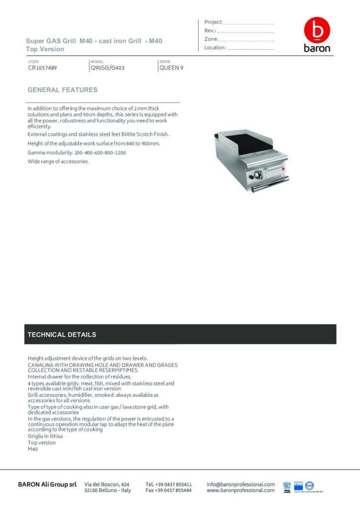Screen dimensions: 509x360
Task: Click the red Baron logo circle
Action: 317,31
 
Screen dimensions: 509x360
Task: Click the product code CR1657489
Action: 42,68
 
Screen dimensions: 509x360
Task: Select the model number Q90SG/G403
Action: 107,68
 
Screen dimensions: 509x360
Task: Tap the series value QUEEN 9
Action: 171,68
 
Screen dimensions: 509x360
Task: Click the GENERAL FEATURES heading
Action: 63,90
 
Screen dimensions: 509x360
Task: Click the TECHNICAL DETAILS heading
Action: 62,335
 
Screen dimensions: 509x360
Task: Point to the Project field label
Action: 213,22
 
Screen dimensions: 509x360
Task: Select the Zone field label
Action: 211,39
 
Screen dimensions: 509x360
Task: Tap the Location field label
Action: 215,48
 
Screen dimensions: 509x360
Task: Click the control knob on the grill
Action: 258,175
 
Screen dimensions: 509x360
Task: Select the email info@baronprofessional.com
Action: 241,484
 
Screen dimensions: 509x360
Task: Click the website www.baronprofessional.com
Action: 241,490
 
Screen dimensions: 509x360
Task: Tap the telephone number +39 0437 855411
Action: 169,484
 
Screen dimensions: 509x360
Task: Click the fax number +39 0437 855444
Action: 169,490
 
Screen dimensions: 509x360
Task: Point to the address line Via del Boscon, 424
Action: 107,484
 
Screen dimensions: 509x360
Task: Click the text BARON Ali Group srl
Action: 47,484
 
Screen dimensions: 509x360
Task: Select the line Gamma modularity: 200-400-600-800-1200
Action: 77,153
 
